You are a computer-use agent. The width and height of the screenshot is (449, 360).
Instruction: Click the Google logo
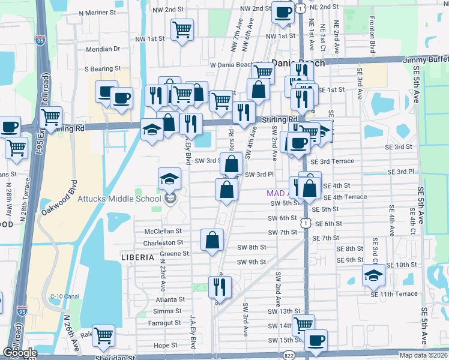[19, 353]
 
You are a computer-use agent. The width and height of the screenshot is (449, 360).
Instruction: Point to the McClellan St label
[163, 232]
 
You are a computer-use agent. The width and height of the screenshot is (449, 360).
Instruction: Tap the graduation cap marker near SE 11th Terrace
[374, 275]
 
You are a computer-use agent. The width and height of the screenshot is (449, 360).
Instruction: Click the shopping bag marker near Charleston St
[212, 241]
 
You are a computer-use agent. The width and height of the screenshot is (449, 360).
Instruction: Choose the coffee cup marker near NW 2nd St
[283, 11]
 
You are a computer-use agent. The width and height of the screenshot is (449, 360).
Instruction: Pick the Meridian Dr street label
[103, 49]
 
